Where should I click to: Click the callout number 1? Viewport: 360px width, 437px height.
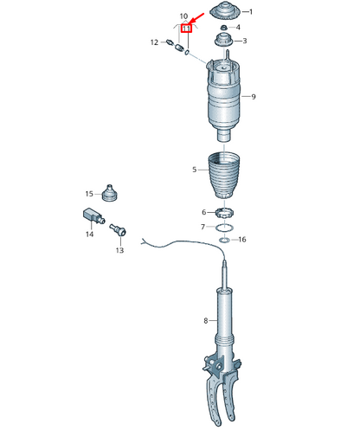[251, 12]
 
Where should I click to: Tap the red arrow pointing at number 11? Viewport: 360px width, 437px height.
[197, 18]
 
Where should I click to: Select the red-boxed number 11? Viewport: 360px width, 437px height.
[186, 29]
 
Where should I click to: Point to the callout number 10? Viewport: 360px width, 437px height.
[183, 16]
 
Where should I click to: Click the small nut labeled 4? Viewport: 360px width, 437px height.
[223, 28]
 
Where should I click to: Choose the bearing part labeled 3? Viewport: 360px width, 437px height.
[224, 41]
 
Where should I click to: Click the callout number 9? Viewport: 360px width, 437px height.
[254, 97]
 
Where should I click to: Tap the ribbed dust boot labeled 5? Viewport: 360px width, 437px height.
[224, 176]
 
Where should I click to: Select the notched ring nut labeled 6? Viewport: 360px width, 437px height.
[224, 214]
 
